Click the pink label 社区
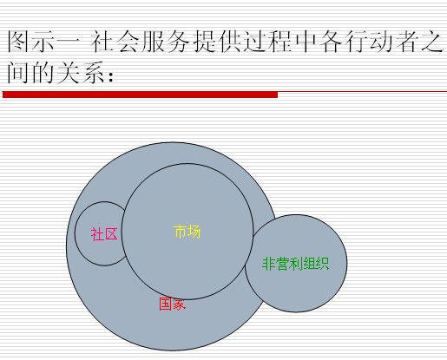104,234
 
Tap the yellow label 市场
187,232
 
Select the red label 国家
173,304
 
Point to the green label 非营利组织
296,264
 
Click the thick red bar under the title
140,95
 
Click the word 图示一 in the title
43,42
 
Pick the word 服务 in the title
165,42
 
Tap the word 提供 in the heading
218,42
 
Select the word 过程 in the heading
269,42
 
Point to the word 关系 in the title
80,73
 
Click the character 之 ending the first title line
432,42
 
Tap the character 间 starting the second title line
18,73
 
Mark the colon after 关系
110,75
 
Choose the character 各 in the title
332,42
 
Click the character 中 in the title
307,42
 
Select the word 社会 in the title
115,42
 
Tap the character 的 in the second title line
43,73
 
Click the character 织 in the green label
323,264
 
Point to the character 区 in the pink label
111,234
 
